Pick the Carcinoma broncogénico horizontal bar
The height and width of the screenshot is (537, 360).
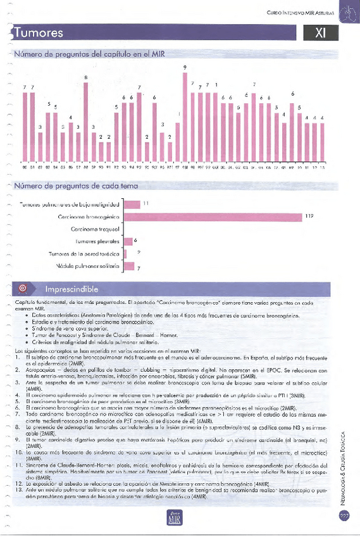212,217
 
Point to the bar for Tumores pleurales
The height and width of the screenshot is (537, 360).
128,241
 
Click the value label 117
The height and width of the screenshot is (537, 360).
309,217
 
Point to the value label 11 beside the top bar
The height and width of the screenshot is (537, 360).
146,204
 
